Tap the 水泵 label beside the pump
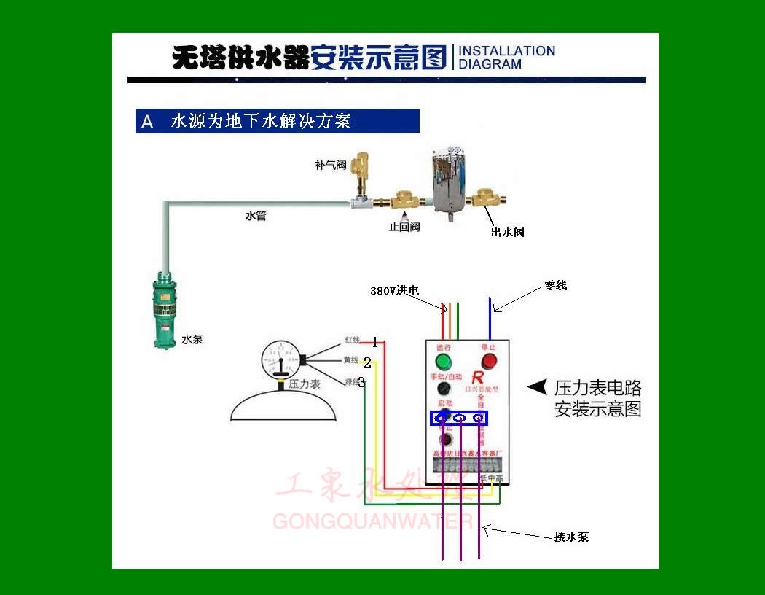pos(192,339)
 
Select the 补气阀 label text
pos(330,166)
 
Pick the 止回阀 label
pos(404,227)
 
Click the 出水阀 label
pos(507,232)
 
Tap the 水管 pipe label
pos(255,216)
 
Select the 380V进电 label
pos(394,290)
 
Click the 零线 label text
pos(554,286)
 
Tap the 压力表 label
pos(305,384)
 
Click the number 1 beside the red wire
pos(374,342)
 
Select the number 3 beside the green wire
pos(361,381)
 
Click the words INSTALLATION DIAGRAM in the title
pos(506,58)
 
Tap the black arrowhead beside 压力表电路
pos(537,387)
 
